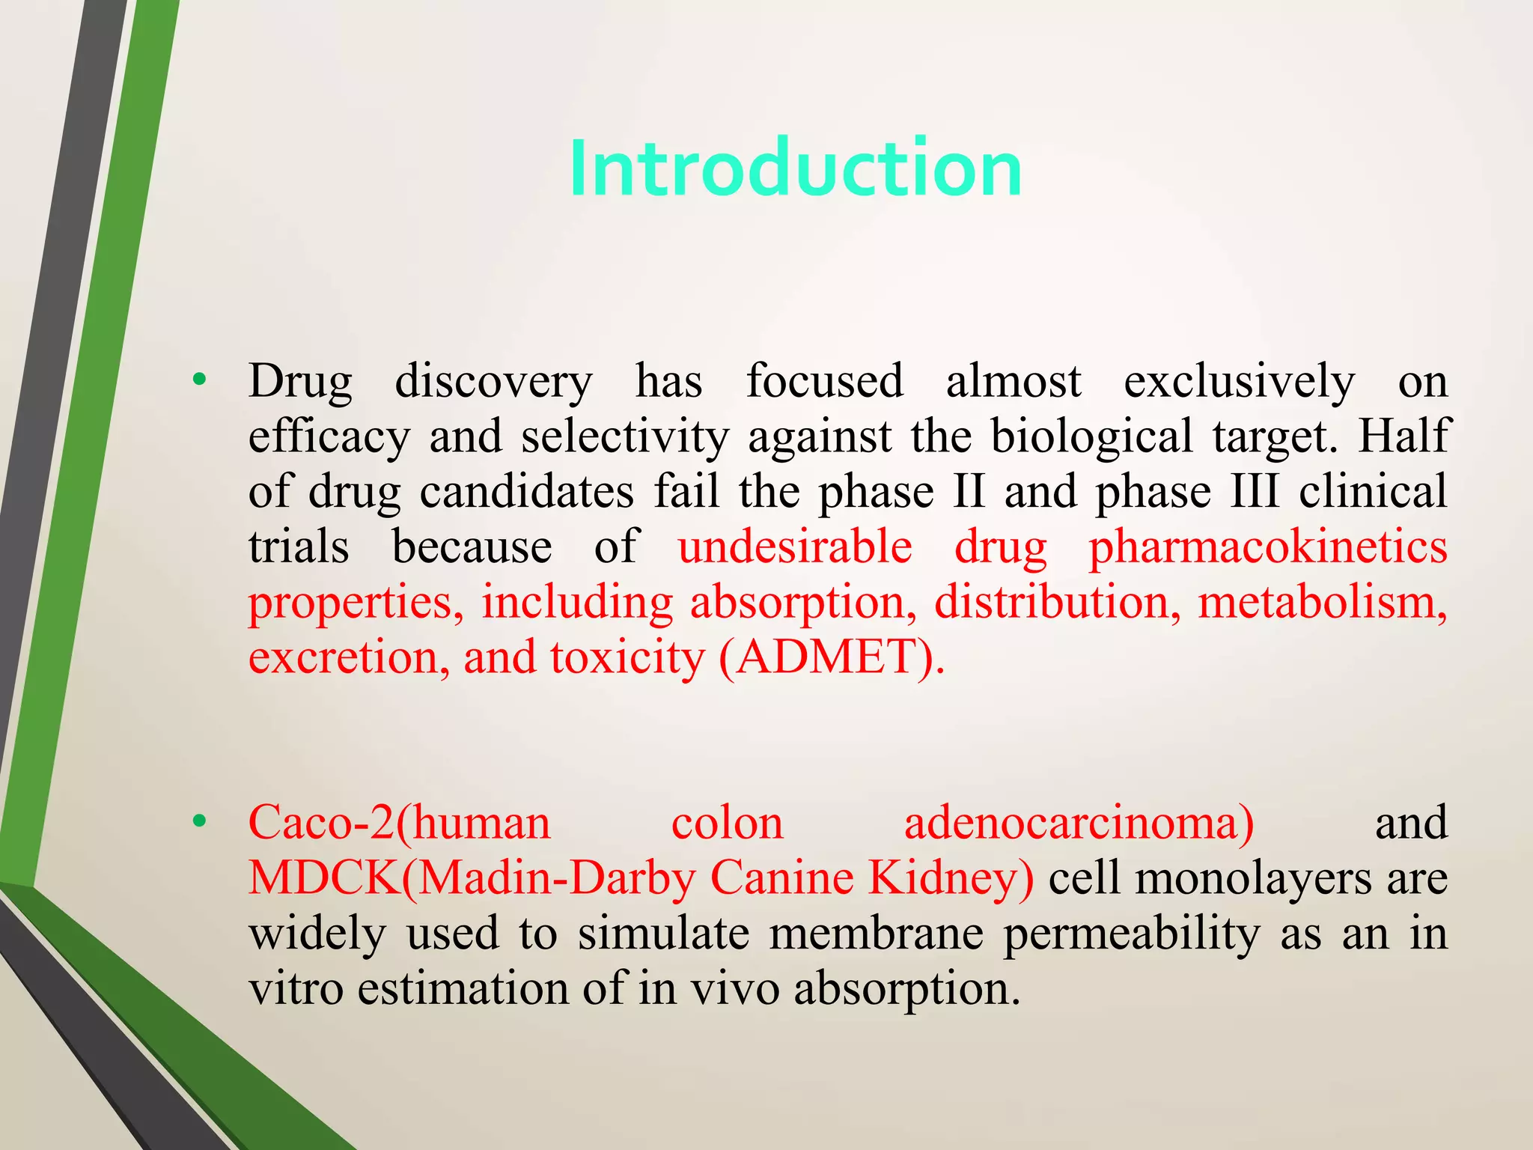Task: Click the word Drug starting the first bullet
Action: click(300, 382)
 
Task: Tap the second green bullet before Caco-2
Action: click(198, 821)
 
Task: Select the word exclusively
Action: click(1239, 382)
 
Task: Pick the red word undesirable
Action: click(795, 547)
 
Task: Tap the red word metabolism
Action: click(1322, 603)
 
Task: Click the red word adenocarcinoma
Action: click(1078, 823)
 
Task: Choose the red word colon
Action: click(727, 823)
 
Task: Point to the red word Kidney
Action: click(951, 878)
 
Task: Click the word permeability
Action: click(1131, 935)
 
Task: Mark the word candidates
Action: click(526, 492)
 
